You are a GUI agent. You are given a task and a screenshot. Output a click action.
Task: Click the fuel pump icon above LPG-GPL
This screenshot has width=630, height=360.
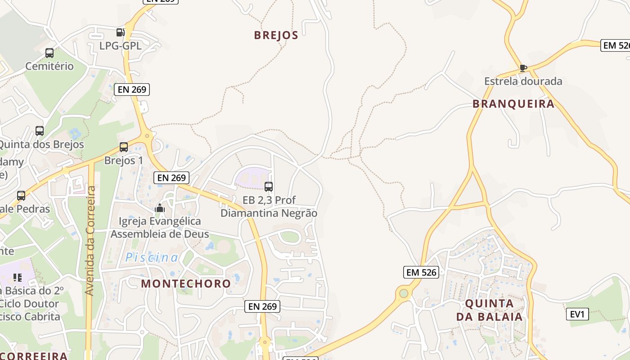[120, 32]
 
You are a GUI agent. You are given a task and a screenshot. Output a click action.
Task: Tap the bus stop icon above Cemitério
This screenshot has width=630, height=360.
[49, 53]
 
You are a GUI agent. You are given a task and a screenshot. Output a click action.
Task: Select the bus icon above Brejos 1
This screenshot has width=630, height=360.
[124, 147]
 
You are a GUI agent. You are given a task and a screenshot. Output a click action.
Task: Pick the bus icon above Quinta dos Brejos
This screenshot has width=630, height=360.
[40, 131]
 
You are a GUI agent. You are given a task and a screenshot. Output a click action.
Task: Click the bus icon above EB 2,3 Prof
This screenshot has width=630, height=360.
[269, 186]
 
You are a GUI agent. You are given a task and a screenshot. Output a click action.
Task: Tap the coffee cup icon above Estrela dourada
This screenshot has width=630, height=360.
[523, 68]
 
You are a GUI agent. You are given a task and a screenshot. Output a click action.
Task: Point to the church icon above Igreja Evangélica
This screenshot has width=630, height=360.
[159, 208]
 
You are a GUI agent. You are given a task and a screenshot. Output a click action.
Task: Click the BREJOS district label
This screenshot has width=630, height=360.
[276, 35]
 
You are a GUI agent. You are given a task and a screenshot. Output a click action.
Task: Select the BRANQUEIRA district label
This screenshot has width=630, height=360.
[513, 104]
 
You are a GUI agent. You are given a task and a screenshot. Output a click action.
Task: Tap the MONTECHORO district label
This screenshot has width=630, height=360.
[186, 283]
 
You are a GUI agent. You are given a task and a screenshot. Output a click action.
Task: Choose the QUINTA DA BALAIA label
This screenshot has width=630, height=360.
[490, 310]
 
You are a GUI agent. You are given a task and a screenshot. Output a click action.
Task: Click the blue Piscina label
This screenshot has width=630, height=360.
[152, 257]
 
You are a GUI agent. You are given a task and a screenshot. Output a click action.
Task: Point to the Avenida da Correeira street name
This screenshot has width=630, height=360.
[90, 241]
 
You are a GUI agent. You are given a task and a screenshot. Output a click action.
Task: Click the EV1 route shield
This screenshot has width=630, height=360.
[576, 314]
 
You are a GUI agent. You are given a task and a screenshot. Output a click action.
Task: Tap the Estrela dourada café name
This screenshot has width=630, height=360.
[523, 81]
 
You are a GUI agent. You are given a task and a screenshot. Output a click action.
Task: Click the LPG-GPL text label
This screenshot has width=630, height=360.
[120, 45]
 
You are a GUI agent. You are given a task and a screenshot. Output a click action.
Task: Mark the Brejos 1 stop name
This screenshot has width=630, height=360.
[124, 160]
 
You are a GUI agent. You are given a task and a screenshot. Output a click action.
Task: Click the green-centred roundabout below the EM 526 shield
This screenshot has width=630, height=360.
[404, 293]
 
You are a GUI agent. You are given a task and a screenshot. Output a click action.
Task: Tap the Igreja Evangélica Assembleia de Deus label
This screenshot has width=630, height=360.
[160, 228]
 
